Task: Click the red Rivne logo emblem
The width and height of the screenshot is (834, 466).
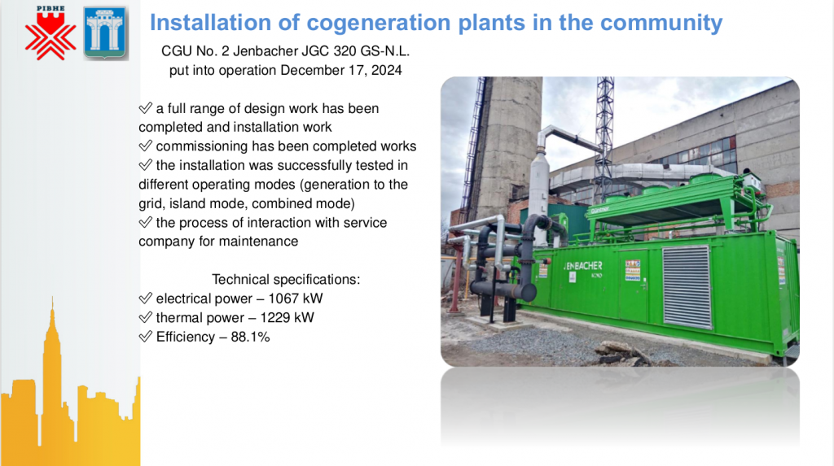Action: tap(50, 33)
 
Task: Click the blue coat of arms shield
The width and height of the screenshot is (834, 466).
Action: tap(105, 33)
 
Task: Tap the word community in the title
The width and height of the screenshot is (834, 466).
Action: tap(661, 23)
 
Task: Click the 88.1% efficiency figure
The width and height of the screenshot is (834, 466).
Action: tap(250, 337)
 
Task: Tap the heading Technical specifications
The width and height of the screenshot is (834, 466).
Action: tap(286, 280)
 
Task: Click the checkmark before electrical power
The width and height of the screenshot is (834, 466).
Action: tap(145, 298)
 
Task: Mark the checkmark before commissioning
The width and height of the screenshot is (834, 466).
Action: tap(145, 146)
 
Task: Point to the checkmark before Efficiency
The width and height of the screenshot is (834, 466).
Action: tap(145, 337)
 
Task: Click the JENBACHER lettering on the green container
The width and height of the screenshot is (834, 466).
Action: tap(583, 266)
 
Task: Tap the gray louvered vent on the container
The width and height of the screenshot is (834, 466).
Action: tap(686, 286)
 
